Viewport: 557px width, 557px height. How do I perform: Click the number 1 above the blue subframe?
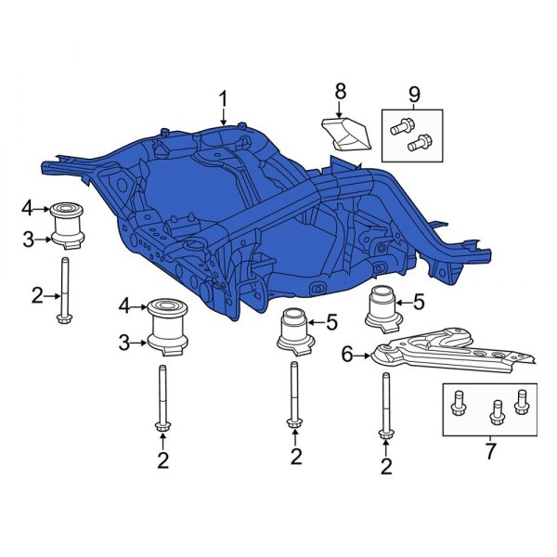pyautogui.click(x=223, y=97)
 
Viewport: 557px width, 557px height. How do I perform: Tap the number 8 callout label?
pyautogui.click(x=340, y=90)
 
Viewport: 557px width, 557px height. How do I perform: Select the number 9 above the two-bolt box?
pyautogui.click(x=414, y=94)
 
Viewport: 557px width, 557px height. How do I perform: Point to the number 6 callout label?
pyautogui.click(x=347, y=354)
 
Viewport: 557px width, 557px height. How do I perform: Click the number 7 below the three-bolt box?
pyautogui.click(x=490, y=452)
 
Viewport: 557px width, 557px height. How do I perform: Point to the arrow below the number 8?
pyautogui.click(x=340, y=107)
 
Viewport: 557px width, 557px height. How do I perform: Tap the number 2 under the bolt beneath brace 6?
pyautogui.click(x=386, y=461)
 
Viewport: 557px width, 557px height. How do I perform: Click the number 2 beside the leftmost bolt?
pyautogui.click(x=36, y=296)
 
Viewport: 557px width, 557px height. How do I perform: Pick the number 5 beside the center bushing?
pyautogui.click(x=330, y=323)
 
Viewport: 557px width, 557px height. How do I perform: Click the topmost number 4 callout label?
pyautogui.click(x=28, y=206)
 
